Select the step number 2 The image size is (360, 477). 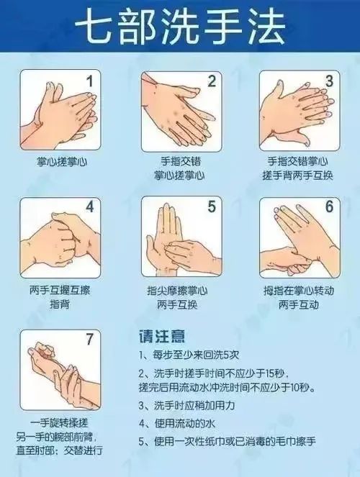click(212, 81)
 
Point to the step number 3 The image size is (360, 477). click(329, 81)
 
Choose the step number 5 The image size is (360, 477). click(212, 206)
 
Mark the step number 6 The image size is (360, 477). click(329, 206)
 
